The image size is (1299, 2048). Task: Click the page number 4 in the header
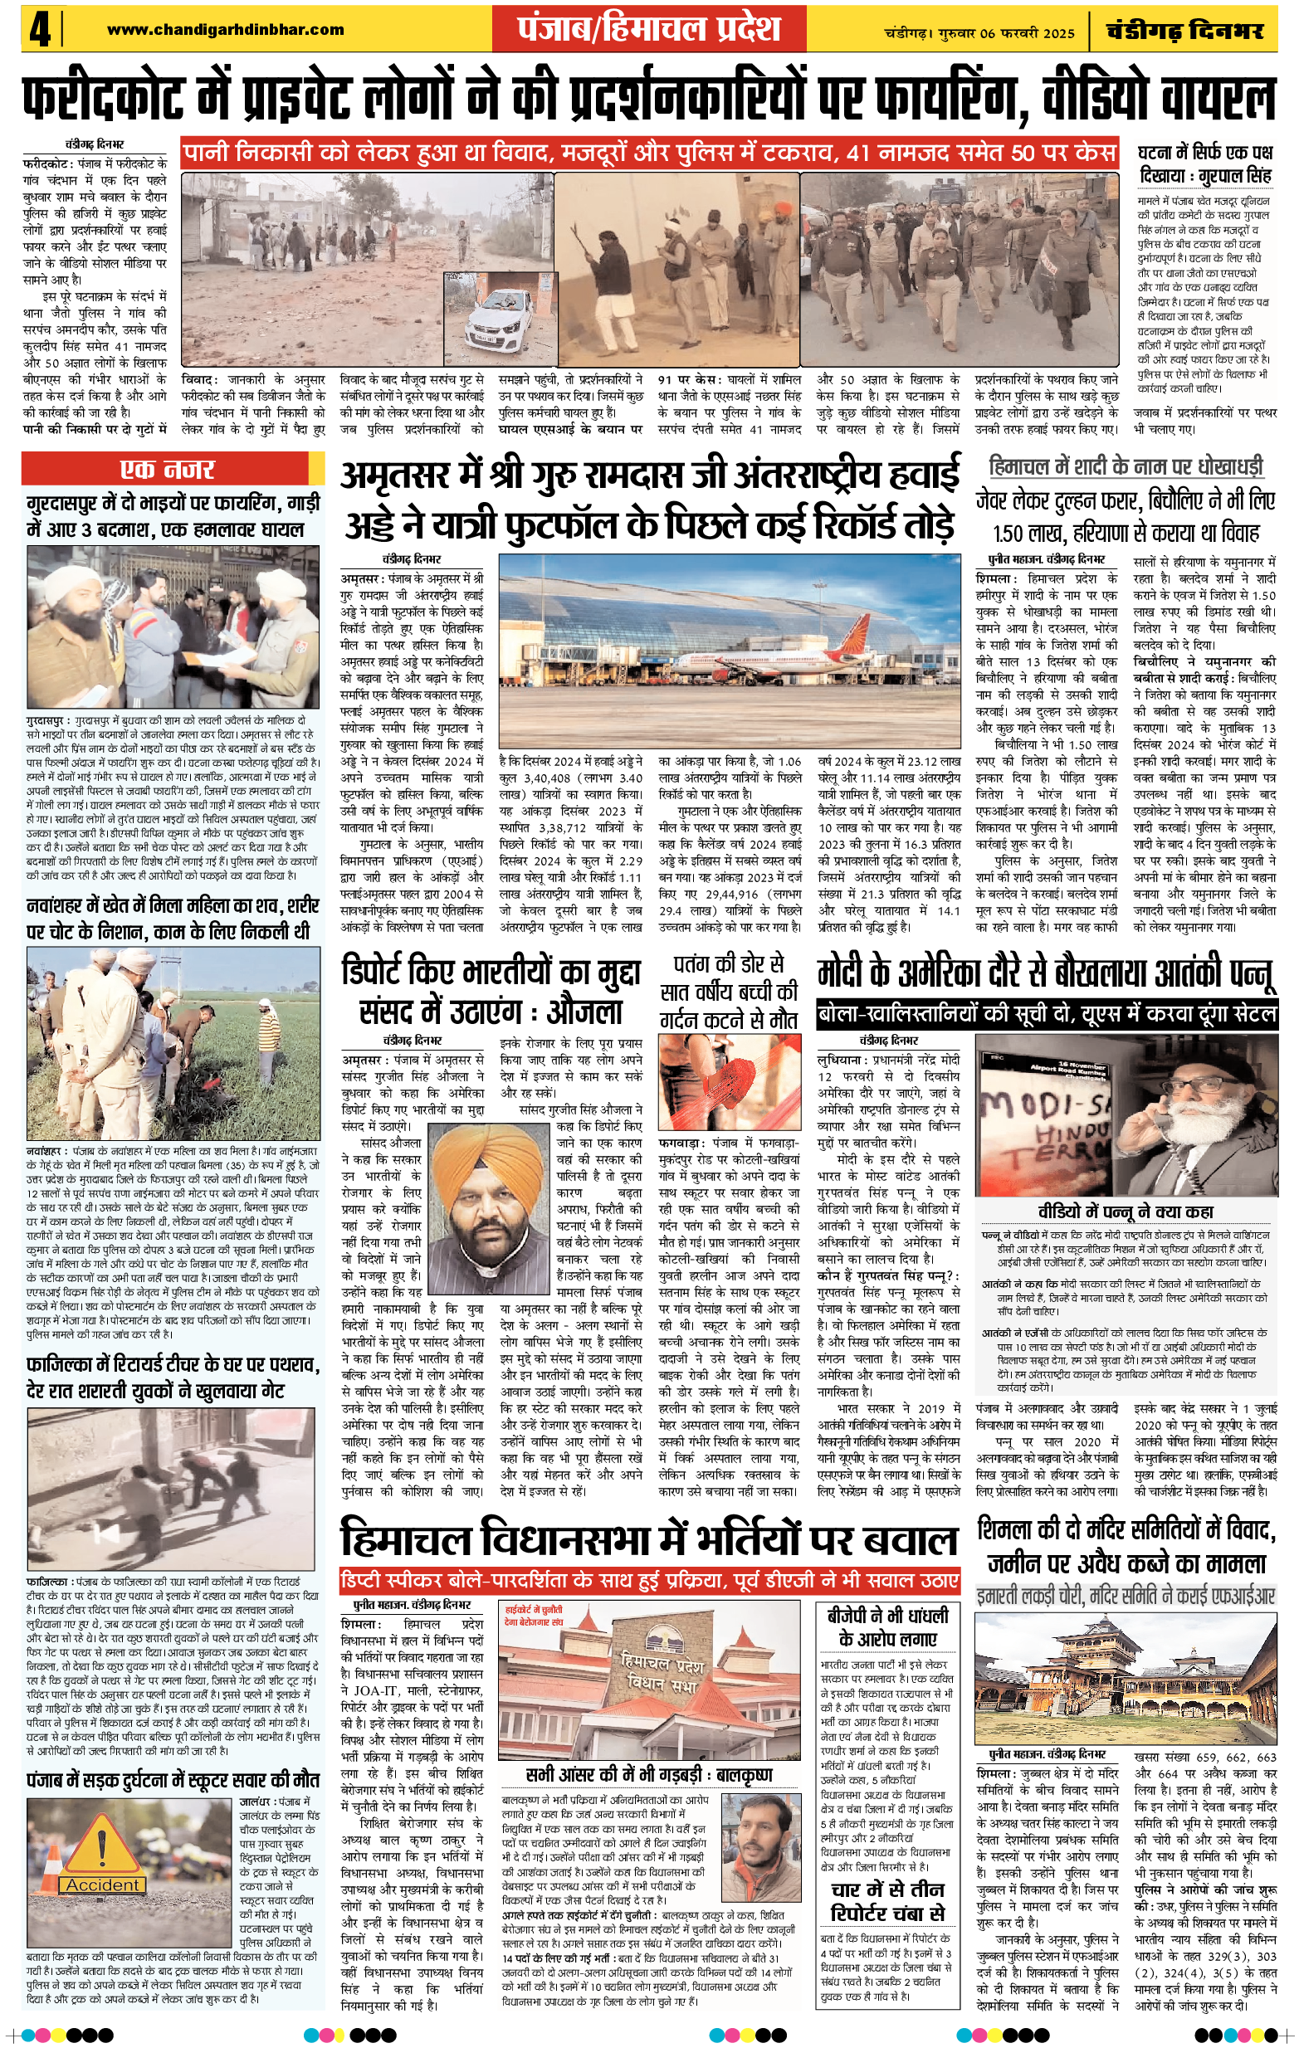pyautogui.click(x=39, y=31)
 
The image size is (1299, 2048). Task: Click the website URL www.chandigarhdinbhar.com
pyautogui.click(x=226, y=30)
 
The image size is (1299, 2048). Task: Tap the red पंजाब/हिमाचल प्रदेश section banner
pyautogui.click(x=648, y=29)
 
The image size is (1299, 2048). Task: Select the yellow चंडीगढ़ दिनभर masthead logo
pyautogui.click(x=1184, y=31)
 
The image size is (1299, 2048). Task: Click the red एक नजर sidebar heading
pyautogui.click(x=168, y=469)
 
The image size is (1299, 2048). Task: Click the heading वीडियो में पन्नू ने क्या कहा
pyautogui.click(x=1126, y=1211)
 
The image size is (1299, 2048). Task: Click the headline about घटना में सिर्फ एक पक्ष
pyautogui.click(x=1204, y=164)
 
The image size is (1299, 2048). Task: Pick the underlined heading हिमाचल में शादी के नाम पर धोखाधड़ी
pyautogui.click(x=1126, y=466)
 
